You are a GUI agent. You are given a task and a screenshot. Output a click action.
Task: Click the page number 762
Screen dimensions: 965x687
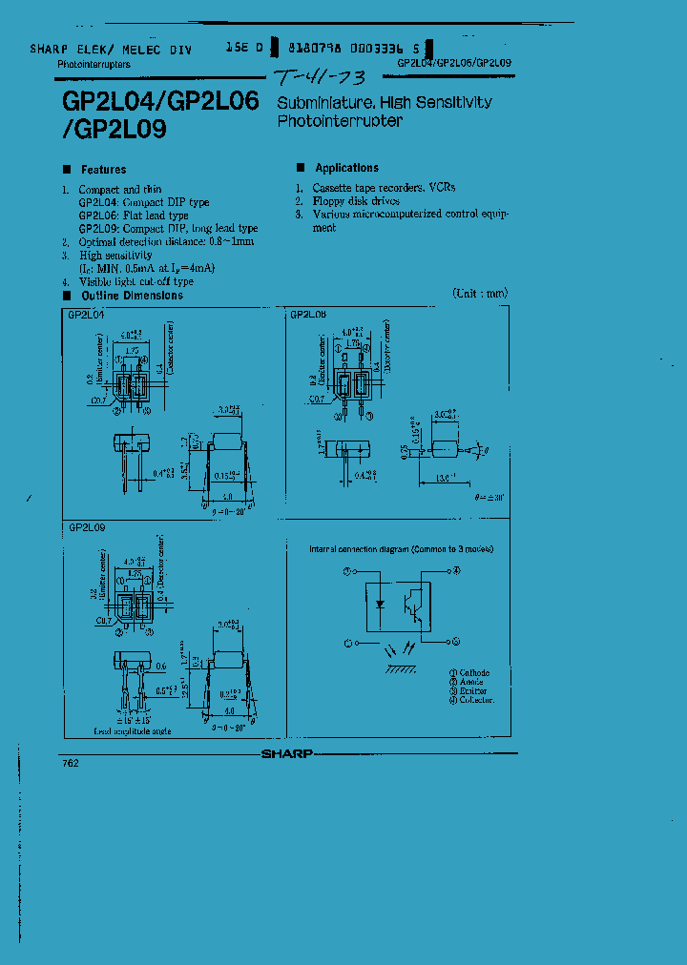point(71,763)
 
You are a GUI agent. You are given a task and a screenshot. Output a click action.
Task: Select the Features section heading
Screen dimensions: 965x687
point(103,170)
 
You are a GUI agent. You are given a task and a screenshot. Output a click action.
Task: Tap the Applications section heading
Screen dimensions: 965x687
point(346,168)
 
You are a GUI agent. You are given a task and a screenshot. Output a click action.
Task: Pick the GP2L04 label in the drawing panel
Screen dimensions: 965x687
point(86,314)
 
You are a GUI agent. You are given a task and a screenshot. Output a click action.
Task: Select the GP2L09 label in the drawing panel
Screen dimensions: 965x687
point(87,526)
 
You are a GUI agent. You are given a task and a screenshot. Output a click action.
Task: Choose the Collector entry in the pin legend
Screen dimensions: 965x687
point(475,700)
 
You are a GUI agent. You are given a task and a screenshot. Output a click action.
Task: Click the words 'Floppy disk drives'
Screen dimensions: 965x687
point(355,201)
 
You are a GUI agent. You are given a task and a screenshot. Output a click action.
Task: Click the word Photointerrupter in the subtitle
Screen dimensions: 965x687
point(340,121)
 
